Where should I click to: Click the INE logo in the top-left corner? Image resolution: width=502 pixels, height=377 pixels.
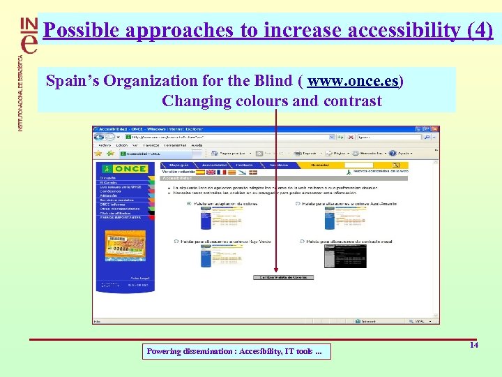pos(28,35)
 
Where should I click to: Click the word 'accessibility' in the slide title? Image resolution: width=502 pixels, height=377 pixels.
pos(376,30)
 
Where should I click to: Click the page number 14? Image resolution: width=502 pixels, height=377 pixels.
pos(474,346)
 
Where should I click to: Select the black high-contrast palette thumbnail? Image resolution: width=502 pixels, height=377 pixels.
pos(345,257)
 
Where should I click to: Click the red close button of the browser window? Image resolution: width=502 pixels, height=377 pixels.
pos(434,130)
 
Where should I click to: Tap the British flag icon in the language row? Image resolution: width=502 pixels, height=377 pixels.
pos(210,171)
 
